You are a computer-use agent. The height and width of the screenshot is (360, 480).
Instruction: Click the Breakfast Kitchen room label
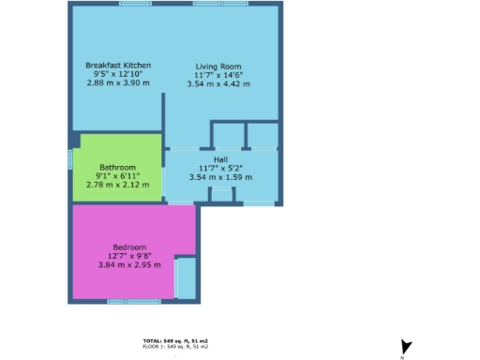point(118,65)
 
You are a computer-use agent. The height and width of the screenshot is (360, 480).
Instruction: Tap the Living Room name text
point(218,66)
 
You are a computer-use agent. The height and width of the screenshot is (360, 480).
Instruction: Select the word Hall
point(220,158)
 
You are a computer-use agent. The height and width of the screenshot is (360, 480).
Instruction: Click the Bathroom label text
point(117,167)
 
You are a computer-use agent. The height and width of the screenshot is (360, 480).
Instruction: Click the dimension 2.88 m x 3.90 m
point(118,82)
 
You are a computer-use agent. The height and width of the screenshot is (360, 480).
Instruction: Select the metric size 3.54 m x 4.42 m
point(218,83)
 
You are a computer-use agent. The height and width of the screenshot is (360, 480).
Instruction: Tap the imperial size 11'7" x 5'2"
point(220,167)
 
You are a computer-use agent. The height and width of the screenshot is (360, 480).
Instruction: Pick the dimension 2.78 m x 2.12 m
point(117,184)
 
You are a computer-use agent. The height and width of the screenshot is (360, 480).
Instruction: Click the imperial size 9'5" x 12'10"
point(118,74)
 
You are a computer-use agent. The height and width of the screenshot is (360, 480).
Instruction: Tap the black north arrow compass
point(405,346)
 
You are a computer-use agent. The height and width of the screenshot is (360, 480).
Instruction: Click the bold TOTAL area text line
point(175,340)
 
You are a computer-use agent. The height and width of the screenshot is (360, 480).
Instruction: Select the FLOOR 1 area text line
point(175,347)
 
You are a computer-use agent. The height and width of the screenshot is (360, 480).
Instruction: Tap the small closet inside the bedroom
point(186,277)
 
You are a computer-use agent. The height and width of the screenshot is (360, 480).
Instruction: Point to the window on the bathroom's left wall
point(71,160)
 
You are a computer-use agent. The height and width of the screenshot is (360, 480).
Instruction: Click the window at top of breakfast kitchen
point(135,4)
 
